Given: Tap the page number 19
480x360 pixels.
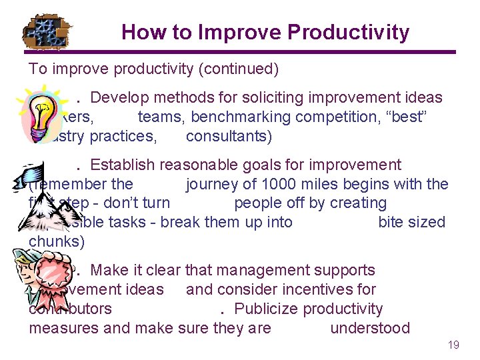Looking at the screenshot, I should tap(453, 345).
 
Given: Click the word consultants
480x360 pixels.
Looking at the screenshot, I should tap(229, 137).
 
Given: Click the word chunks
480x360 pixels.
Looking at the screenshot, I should tap(56, 241).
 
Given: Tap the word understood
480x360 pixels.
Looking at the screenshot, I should tap(370, 328).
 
